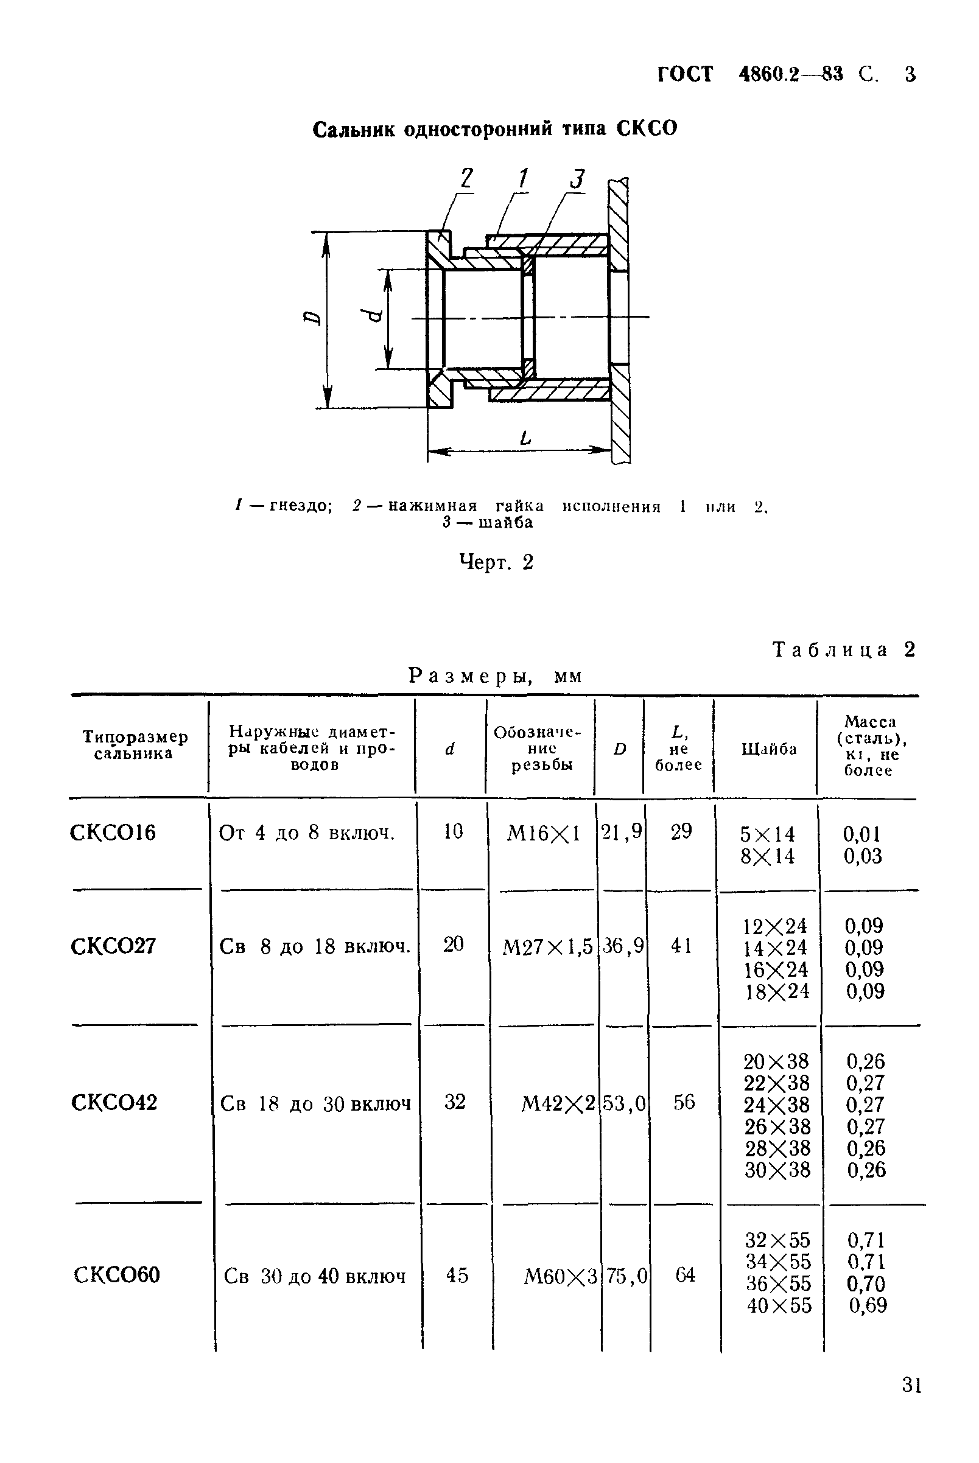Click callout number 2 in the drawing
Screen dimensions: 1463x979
466,178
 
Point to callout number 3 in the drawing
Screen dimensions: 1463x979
578,179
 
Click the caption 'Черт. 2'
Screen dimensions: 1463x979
496,562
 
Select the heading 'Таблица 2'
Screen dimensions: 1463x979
843,650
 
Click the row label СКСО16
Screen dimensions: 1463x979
113,833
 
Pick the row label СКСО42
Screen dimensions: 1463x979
114,1102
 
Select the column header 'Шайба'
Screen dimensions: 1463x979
768,749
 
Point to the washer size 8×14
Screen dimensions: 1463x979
767,856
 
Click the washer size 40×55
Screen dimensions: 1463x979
779,1305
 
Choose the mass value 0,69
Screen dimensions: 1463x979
867,1305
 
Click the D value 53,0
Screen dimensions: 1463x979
623,1104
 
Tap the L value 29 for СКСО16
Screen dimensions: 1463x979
681,831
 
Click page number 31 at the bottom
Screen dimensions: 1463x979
911,1403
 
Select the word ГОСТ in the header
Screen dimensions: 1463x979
684,74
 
